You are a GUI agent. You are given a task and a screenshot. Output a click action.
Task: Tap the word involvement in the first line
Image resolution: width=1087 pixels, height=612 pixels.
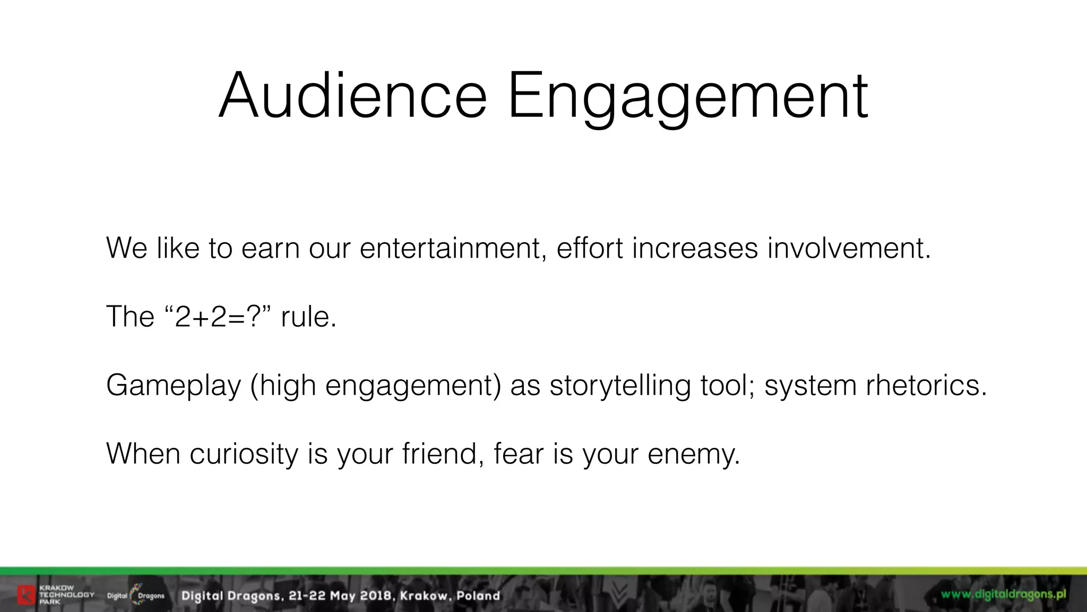coord(848,248)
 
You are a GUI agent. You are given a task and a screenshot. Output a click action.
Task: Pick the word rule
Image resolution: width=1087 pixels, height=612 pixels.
coord(308,317)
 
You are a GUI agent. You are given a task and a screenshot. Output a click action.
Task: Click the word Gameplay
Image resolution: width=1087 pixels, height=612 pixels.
coord(174,386)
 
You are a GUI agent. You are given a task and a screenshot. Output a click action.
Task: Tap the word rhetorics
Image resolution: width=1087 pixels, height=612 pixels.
coord(926,385)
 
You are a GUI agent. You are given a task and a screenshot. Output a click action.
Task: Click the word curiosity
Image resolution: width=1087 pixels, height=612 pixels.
coord(244,455)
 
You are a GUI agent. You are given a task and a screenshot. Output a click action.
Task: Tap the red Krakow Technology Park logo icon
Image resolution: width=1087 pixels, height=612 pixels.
coord(26,595)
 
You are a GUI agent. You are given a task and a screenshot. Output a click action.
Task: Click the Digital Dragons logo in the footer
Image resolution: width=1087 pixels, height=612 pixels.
coord(136,595)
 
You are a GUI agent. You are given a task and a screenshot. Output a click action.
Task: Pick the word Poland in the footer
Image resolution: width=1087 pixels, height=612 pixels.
coord(478,596)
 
